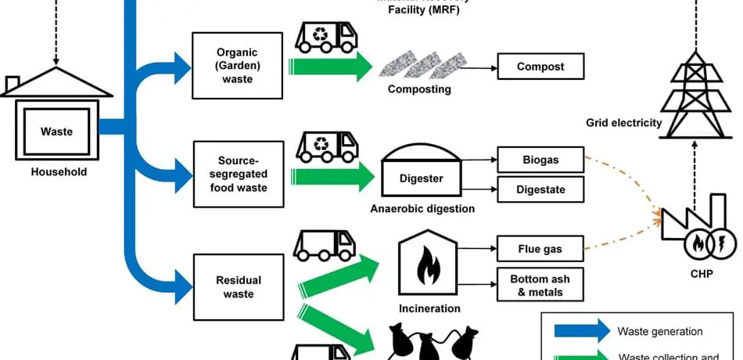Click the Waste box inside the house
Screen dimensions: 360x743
[x=56, y=132]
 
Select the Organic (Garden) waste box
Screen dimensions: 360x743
[x=237, y=66]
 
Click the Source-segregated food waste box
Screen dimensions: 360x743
[x=237, y=174]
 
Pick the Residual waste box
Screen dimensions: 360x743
[x=237, y=286]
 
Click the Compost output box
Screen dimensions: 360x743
[x=540, y=67]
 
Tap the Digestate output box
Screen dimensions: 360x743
[x=540, y=189]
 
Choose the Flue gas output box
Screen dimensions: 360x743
[x=540, y=250]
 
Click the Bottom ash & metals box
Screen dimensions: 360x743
[x=540, y=286]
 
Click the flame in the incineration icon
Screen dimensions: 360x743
[x=428, y=266]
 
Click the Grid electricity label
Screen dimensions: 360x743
[x=623, y=123]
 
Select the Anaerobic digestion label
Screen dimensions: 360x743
[x=422, y=209]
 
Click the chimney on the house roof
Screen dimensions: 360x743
[x=13, y=83]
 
